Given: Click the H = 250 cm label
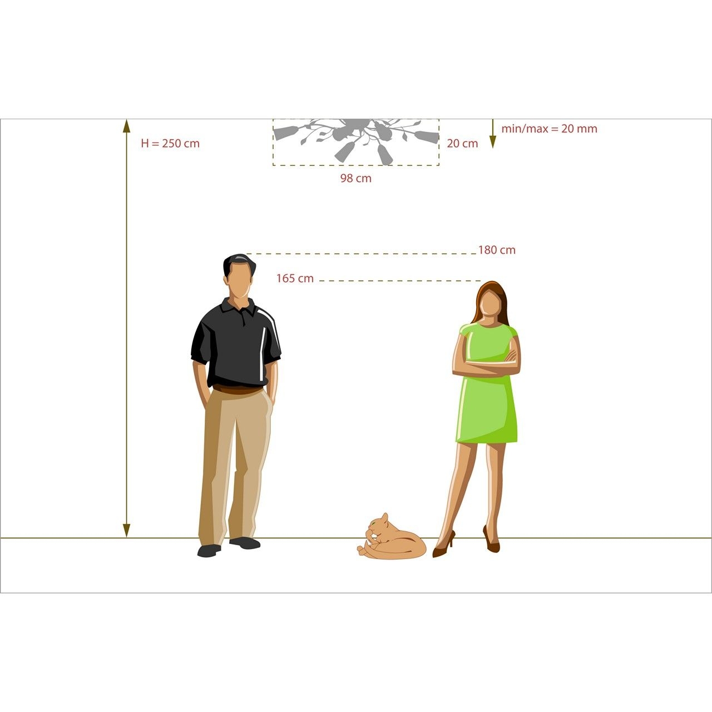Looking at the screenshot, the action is coord(170,144).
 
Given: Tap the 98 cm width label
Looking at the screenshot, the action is coord(356,179).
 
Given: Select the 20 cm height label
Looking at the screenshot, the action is coord(462,144).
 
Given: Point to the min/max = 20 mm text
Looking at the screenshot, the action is coord(549,128).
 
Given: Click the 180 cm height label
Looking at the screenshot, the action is coord(497,250).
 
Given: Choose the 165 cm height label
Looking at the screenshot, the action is coord(295,278).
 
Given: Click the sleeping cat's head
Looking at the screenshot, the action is coord(378,526).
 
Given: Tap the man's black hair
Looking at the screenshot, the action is coord(239,264).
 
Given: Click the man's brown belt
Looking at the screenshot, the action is coord(238,389).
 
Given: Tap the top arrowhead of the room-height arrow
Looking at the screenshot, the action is coord(126,126).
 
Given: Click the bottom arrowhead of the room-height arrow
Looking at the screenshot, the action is coord(126,531).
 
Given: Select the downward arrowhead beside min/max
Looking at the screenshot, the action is coord(492,142).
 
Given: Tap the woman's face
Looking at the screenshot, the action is coord(489,303).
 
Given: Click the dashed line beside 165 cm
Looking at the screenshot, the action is coord(400,281).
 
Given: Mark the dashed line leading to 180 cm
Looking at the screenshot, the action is coord(362,254).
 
